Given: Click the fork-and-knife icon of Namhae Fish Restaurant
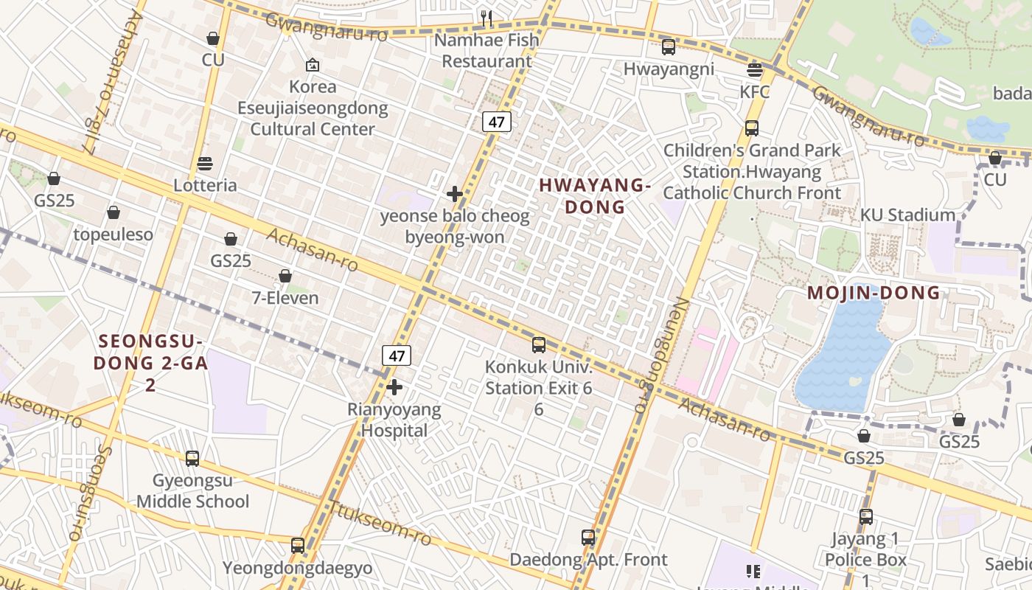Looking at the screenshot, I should click(x=486, y=18).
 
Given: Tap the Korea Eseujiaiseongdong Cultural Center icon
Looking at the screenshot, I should click(x=313, y=65).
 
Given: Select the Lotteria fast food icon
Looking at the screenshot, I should click(x=205, y=164).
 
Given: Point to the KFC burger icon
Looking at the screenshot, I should click(x=754, y=70).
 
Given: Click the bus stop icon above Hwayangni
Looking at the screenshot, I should click(x=669, y=47).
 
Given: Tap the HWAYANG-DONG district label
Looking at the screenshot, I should click(x=595, y=196).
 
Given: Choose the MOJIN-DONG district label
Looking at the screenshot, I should click(x=874, y=293).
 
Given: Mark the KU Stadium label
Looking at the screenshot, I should click(x=907, y=215).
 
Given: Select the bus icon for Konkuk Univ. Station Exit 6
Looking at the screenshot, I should click(x=539, y=344).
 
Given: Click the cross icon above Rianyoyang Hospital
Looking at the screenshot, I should click(x=394, y=387).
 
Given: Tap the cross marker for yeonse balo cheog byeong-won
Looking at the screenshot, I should click(x=455, y=195).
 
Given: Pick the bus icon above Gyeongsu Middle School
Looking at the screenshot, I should click(x=192, y=459).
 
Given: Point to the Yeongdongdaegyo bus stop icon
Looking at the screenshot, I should click(x=298, y=546).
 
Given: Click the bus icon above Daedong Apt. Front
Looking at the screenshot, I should click(x=588, y=538).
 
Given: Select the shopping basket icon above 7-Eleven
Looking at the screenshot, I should click(x=285, y=277).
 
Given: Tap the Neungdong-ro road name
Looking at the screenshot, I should click(x=646, y=354).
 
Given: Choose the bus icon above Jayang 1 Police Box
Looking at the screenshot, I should click(x=866, y=517).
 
